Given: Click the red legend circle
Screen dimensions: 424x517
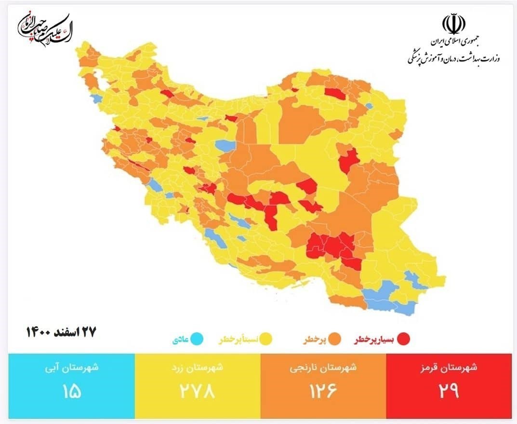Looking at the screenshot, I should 403,340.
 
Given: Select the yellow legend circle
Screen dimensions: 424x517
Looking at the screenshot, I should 265,340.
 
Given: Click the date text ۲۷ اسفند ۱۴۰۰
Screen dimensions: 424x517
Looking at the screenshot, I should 61,332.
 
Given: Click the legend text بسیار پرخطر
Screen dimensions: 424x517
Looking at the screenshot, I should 374,340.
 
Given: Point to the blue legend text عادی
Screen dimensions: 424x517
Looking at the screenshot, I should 179,340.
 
